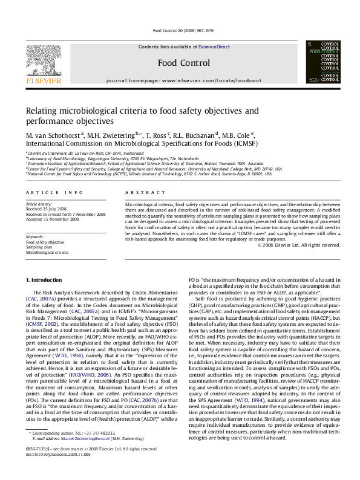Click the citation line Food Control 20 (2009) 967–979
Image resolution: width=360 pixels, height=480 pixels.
(179, 30)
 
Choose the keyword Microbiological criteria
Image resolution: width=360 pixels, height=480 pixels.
(48, 253)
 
